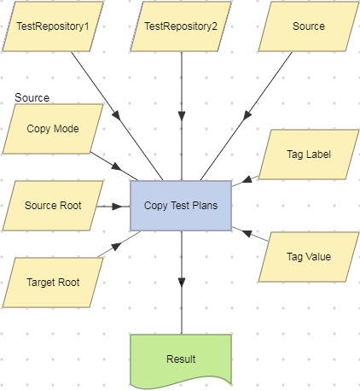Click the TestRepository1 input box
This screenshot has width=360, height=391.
(53, 26)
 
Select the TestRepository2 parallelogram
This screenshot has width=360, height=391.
(181, 26)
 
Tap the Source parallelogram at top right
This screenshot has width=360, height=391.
(308, 26)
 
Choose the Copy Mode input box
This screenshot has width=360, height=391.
(53, 129)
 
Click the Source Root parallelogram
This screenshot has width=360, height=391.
(53, 206)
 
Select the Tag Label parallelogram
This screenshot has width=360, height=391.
(308, 155)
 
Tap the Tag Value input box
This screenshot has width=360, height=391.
(308, 256)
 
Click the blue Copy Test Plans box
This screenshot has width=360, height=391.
(180, 206)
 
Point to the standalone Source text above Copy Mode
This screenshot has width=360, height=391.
(32, 98)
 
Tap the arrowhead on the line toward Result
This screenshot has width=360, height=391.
(181, 282)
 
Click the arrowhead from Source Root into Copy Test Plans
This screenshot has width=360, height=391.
(124, 206)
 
